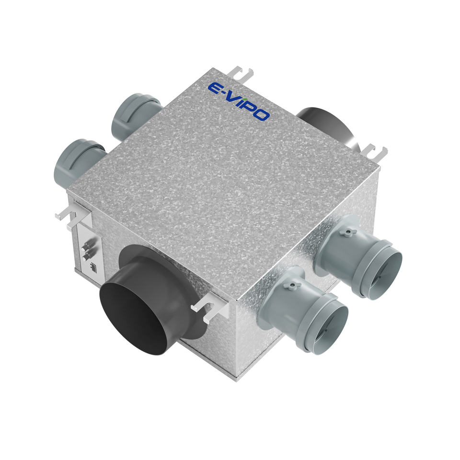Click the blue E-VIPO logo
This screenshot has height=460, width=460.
pos(239,102)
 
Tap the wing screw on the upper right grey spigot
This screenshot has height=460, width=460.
pos(348,232)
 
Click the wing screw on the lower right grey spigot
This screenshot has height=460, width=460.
pos(292,286)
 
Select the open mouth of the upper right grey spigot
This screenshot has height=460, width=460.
pos(382,270)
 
